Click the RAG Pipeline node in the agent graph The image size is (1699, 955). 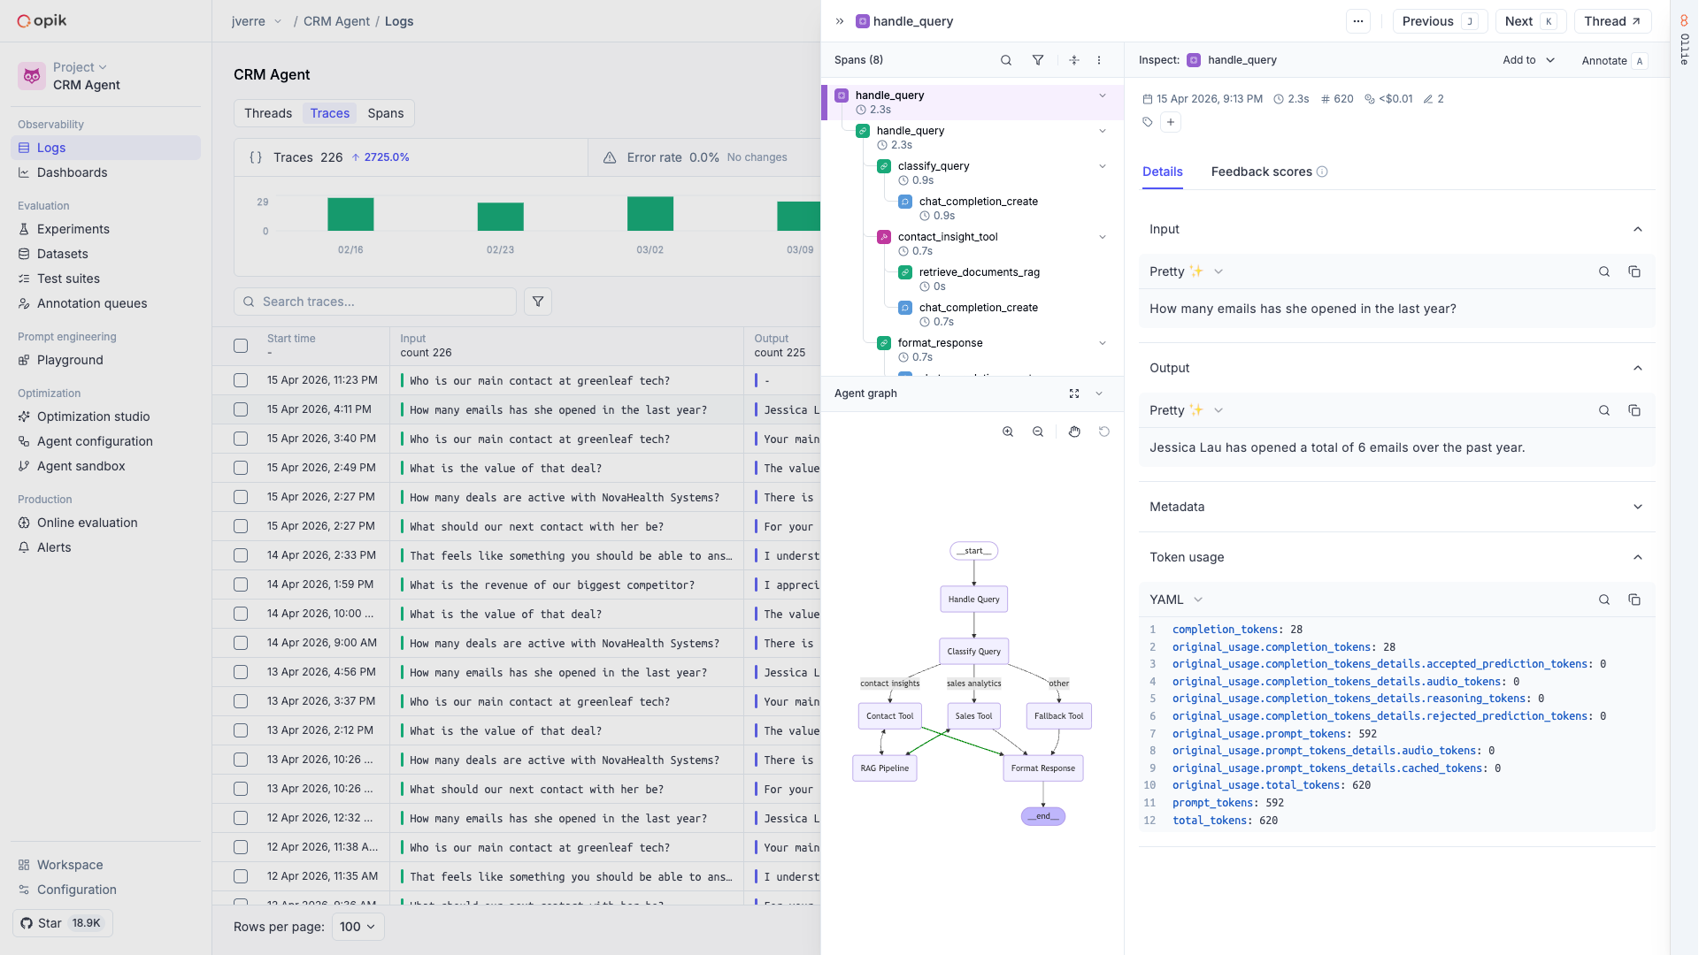[884, 768]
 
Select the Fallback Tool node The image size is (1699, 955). [1058, 716]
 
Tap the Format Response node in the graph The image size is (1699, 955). [1042, 768]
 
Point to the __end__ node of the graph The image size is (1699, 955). [1042, 816]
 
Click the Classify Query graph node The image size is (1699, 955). [973, 652]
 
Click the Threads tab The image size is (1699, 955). [268, 113]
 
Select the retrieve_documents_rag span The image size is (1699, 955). [979, 272]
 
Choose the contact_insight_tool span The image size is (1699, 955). [947, 237]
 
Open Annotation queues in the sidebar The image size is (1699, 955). [92, 303]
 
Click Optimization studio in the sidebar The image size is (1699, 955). [93, 416]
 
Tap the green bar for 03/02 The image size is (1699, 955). [650, 214]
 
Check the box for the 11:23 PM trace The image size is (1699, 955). [241, 380]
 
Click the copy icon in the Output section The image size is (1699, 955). [1634, 410]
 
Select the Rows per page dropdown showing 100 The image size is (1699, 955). [357, 927]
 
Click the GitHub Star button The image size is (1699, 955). [63, 923]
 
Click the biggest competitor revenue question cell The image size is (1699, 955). [552, 584]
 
